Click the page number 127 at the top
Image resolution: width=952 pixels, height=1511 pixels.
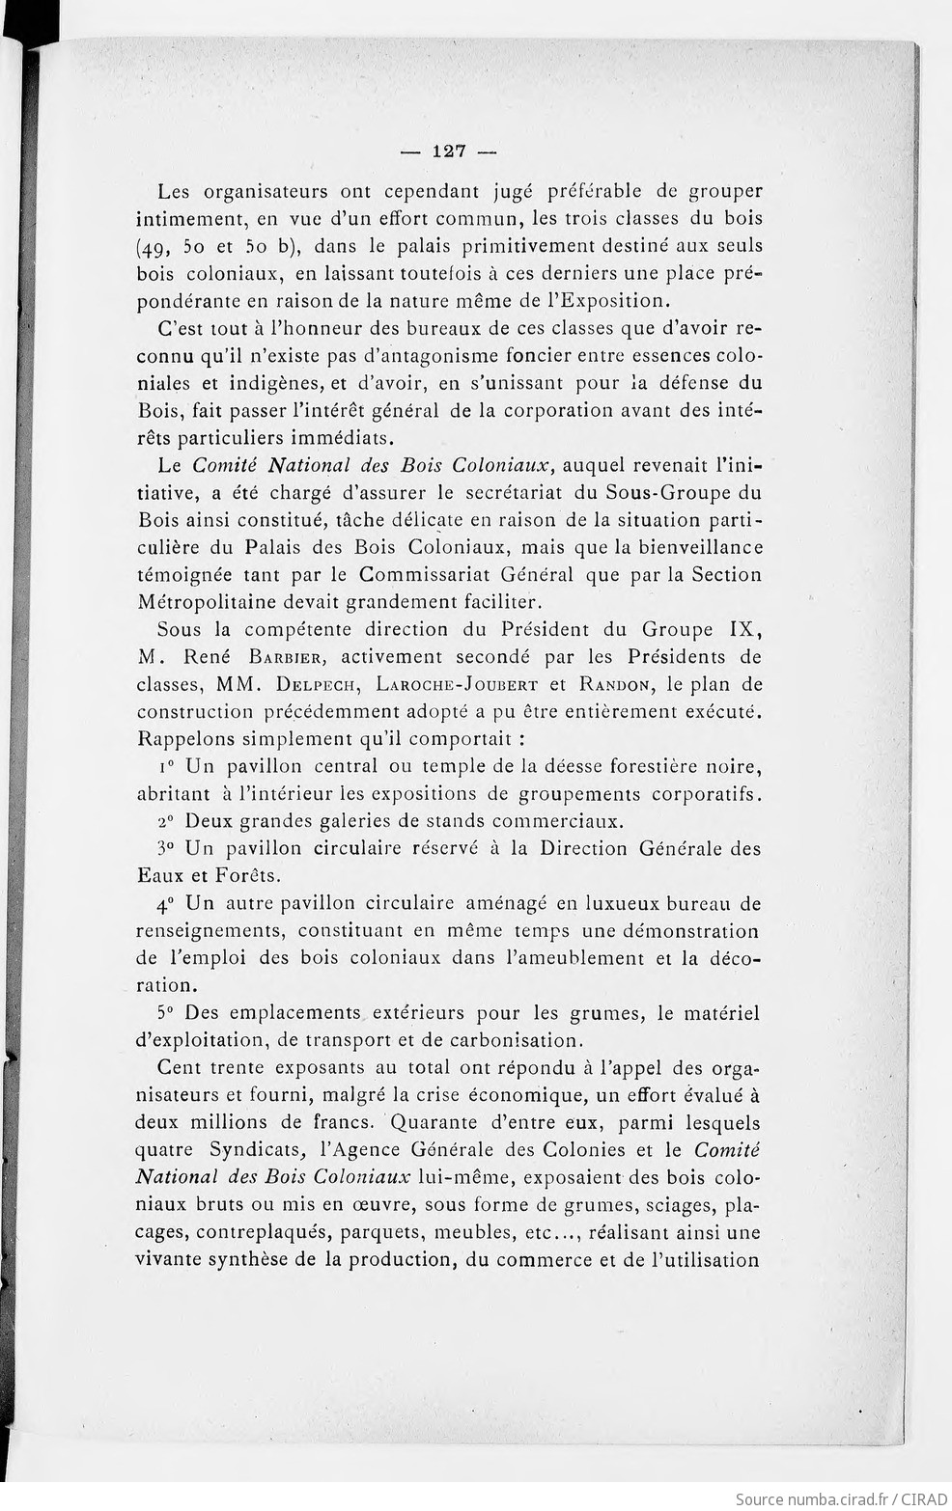(x=449, y=151)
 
